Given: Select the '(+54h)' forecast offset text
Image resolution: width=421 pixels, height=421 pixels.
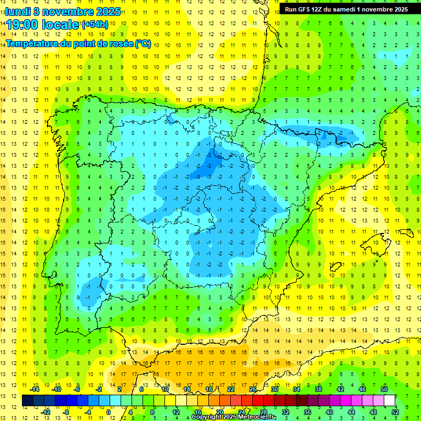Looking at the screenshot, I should tap(95, 25).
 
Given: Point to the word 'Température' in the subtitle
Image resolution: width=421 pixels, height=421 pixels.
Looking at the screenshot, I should tap(32, 44).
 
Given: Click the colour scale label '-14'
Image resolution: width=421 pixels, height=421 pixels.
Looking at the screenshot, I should tap(35, 389).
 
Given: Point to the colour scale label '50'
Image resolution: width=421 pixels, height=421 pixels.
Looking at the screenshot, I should tap(384, 389).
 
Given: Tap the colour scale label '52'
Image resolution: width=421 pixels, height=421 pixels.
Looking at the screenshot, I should tap(395, 412).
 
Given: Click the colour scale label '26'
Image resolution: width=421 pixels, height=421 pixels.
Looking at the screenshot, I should tap(252, 389).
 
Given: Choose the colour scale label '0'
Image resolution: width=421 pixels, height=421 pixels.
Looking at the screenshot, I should tap(109, 412).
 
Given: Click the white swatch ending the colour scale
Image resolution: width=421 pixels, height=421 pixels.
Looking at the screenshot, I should tap(389, 400).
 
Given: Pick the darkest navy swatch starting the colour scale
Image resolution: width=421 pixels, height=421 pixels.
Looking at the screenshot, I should tap(27, 400).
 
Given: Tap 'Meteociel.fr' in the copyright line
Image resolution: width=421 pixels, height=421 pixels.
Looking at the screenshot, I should tap(258, 417).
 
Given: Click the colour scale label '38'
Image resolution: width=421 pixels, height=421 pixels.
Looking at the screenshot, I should tap(318, 389).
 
